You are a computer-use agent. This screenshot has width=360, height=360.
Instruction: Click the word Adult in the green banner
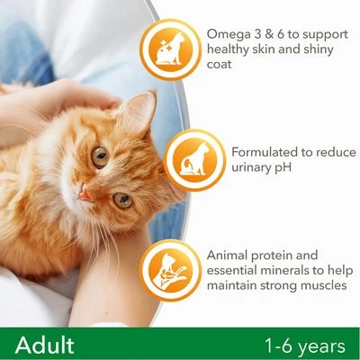42,345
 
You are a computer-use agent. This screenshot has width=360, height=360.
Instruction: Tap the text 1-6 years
304,345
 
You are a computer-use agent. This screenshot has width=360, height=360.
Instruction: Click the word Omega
229,33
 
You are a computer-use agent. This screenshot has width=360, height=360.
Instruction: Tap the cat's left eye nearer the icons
122,201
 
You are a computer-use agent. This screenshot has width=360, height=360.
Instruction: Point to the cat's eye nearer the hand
99,155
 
